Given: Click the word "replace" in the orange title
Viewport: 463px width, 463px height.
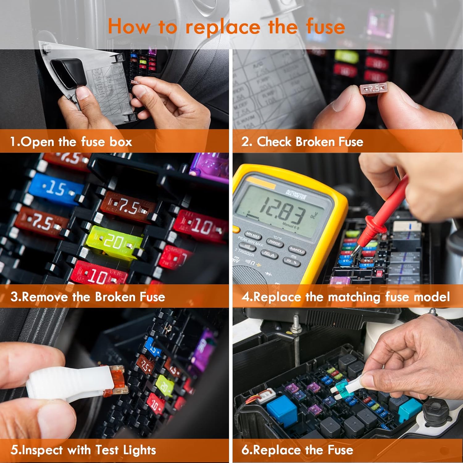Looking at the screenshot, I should click(223, 27).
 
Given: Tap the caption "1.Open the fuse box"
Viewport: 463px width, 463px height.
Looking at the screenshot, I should click(71, 142).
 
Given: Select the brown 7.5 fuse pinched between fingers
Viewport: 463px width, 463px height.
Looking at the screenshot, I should click(373, 89).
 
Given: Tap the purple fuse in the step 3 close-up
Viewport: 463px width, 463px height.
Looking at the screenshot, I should click(210, 167).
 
